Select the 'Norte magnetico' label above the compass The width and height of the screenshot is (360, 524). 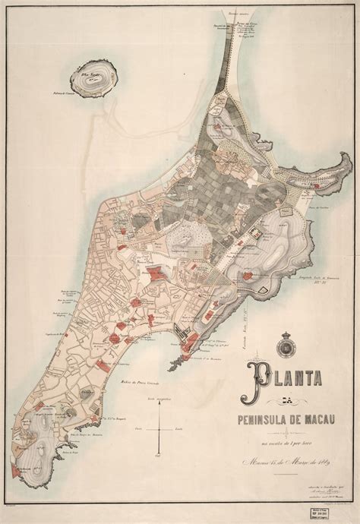158,398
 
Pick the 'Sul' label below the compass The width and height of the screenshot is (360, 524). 158,459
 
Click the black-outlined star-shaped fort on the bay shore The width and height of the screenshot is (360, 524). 178,332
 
